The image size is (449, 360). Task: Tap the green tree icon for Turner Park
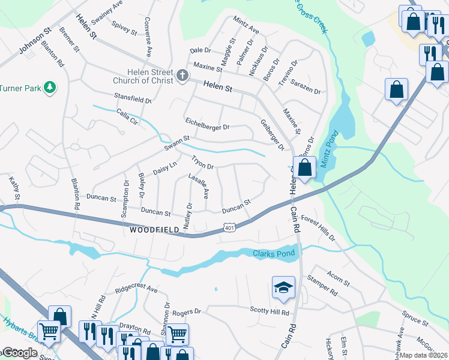point(51,88)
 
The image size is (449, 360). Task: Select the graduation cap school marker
point(283,288)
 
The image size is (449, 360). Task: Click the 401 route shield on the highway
point(231,227)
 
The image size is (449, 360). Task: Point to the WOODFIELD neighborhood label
point(154,230)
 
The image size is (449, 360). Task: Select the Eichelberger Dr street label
point(207,127)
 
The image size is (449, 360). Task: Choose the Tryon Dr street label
point(202,163)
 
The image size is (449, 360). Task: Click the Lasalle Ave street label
point(198,186)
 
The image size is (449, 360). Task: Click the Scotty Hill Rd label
point(270,311)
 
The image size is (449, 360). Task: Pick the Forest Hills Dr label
point(318,228)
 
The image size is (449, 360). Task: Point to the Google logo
point(19,353)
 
